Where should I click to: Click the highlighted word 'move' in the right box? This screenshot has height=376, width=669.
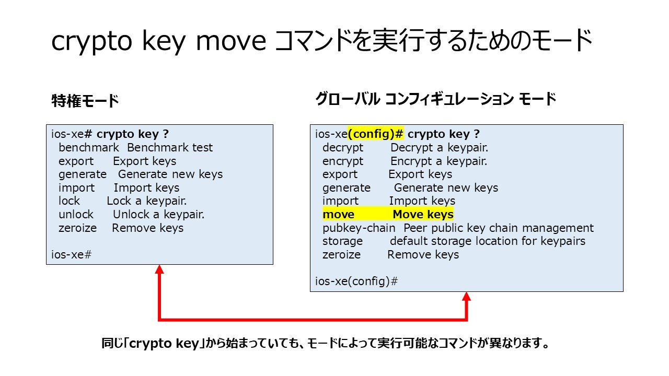coord(338,214)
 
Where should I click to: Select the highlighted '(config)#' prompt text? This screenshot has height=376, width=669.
coord(375,134)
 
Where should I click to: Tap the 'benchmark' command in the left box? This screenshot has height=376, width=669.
coord(89,147)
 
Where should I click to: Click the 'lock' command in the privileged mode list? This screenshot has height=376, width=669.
coord(70,201)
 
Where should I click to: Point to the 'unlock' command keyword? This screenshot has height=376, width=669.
coord(76,214)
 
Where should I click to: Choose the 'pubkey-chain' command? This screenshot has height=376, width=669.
coord(359,228)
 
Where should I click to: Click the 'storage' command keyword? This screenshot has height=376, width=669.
coord(342,241)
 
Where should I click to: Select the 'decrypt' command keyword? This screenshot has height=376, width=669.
coord(343,148)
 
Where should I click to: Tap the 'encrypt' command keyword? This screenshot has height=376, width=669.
coord(343,161)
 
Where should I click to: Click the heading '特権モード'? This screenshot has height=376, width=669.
coord(85,101)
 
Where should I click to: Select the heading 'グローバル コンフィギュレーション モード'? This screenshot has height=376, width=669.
coord(436,99)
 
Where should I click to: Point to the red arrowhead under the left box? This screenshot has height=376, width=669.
coord(159,269)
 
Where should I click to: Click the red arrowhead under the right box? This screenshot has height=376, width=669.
coord(467,296)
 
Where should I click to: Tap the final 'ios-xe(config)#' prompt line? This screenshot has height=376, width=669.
coord(356,281)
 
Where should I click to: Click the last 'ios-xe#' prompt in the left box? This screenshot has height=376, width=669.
coord(72,254)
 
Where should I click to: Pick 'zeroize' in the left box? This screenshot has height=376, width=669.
coord(78,228)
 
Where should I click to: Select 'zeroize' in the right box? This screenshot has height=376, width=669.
coord(342,254)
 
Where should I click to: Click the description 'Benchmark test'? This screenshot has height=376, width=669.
coord(170,147)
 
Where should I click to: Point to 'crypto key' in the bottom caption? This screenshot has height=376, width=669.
coord(164,344)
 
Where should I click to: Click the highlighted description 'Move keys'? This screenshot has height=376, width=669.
coord(423,214)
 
